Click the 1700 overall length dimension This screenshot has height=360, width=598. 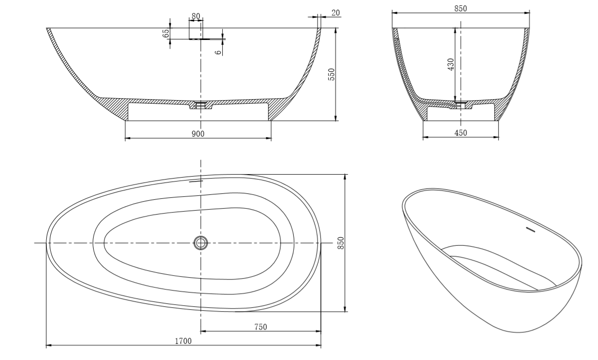click(x=183, y=341)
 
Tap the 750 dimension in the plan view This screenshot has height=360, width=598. click(x=261, y=327)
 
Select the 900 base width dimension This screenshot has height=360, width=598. click(x=198, y=134)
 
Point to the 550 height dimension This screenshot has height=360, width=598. click(x=331, y=74)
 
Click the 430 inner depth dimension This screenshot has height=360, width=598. click(x=451, y=65)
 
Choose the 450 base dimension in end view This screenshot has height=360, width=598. click(x=461, y=133)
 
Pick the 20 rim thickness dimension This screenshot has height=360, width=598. click(x=336, y=12)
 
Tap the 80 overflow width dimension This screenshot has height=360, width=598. click(x=196, y=16)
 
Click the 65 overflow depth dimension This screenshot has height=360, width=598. click(x=166, y=33)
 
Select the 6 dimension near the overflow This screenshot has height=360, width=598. click(x=218, y=52)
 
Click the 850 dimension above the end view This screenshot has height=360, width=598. click(x=461, y=8)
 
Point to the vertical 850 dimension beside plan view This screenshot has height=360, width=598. click(x=341, y=243)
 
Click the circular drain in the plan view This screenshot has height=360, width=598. click(x=201, y=243)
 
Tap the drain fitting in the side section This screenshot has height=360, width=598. click(x=201, y=105)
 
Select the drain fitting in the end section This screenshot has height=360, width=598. click(x=461, y=104)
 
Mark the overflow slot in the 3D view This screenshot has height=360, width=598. click(x=531, y=229)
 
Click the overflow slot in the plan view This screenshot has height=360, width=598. click(x=196, y=181)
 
